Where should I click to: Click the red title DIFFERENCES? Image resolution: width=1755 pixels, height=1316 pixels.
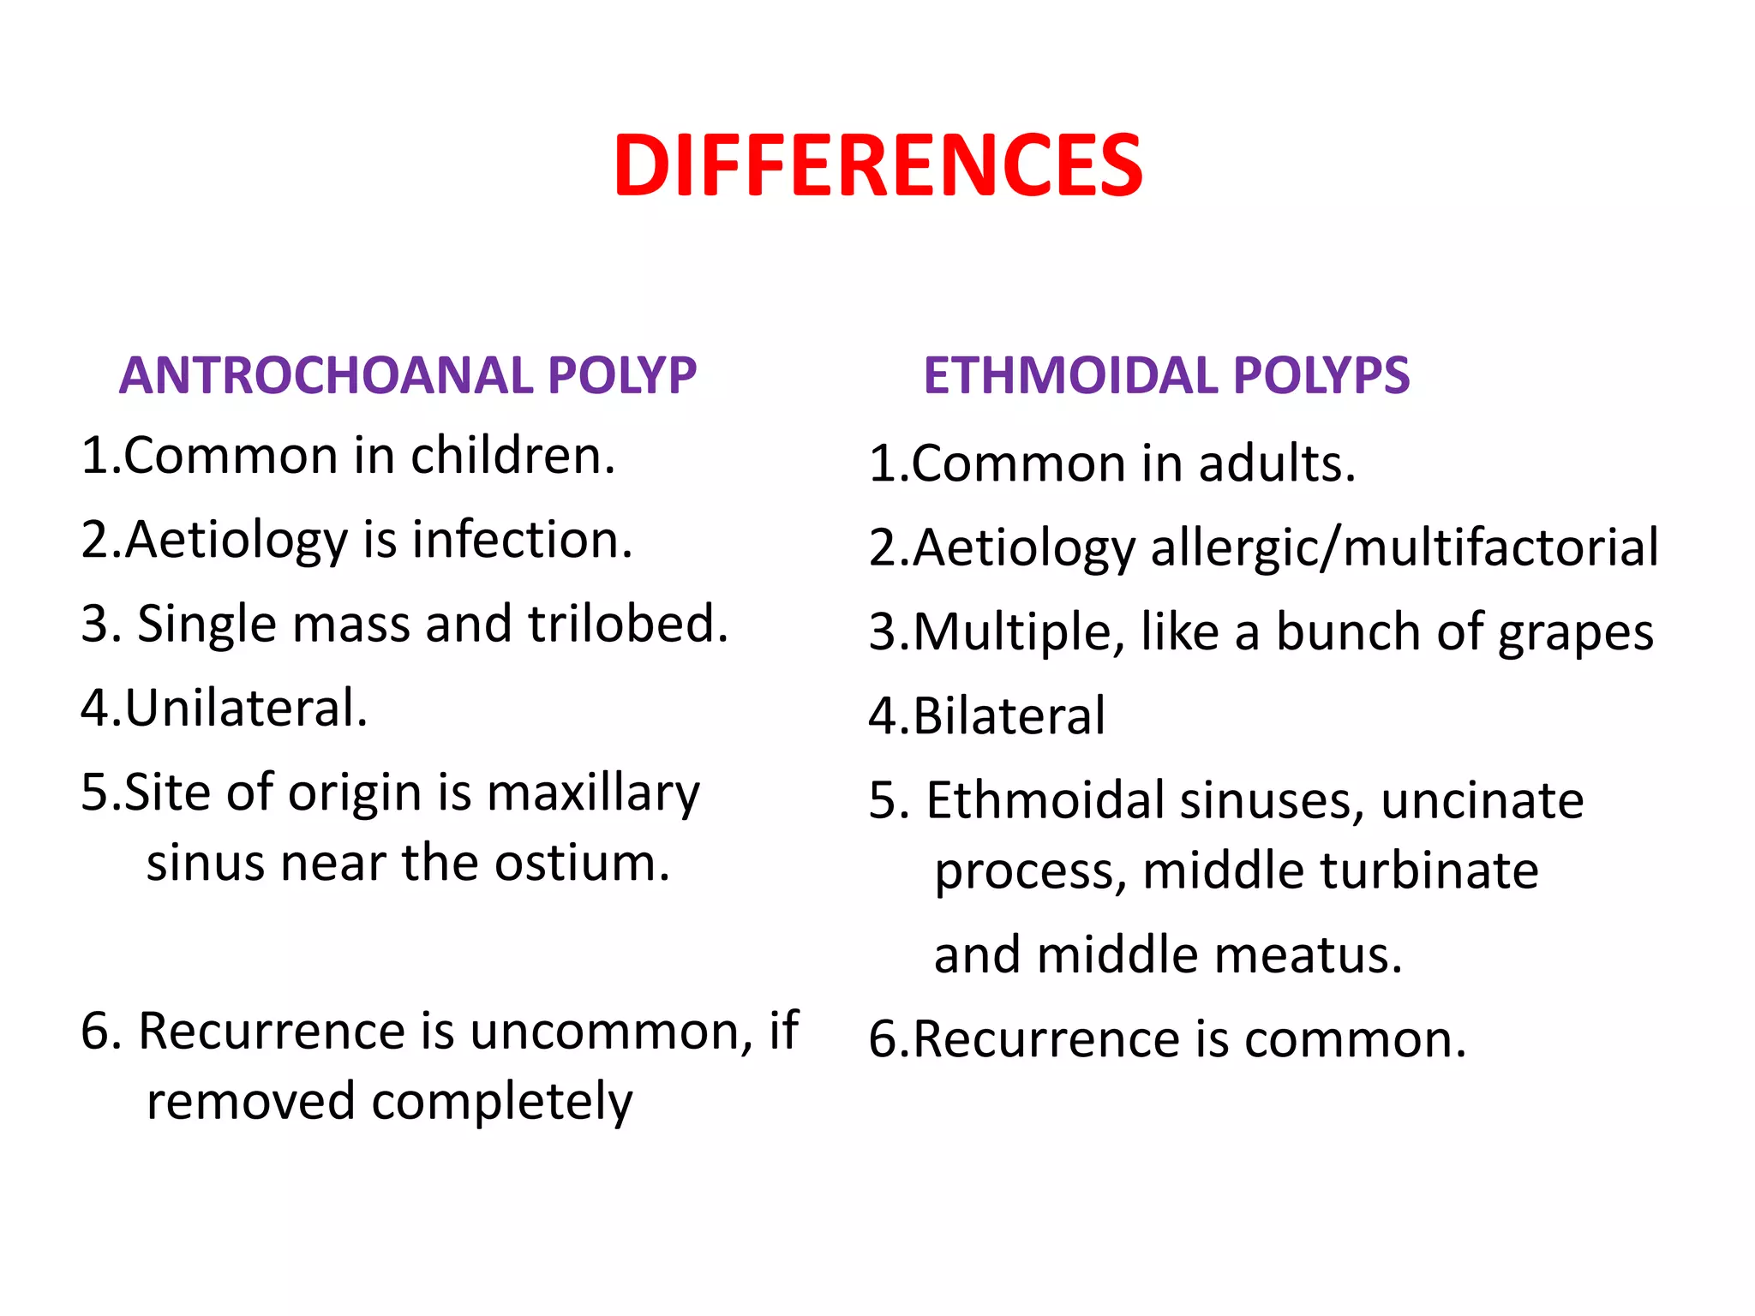click(877, 165)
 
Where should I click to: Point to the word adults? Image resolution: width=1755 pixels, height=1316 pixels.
click(1277, 464)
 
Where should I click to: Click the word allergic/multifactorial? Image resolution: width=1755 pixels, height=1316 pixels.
click(1405, 547)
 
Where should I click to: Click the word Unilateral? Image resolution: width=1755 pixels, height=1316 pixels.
click(247, 708)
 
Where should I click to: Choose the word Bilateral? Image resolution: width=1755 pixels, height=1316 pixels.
click(1009, 716)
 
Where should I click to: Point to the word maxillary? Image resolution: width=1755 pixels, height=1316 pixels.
click(593, 793)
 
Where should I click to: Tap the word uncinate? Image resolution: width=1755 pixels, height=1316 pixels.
click(1482, 800)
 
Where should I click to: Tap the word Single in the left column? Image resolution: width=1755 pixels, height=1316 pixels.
click(207, 623)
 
